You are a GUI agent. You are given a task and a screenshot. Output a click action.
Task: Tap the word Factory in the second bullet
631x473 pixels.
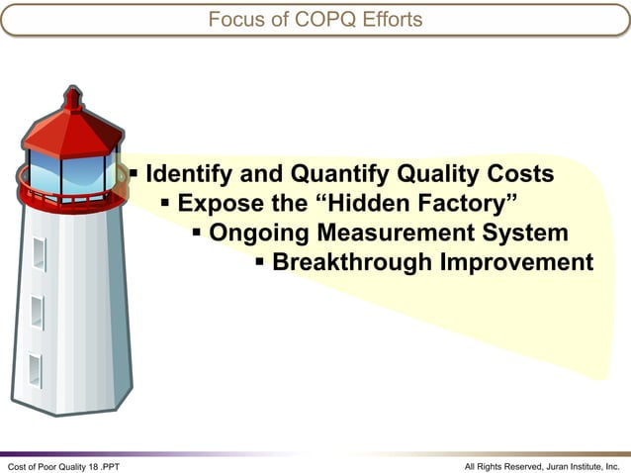(x=466, y=205)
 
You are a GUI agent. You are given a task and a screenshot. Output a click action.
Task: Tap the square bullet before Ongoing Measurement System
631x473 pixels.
(x=197, y=234)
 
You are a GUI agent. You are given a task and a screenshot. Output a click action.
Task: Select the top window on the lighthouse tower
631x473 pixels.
(x=39, y=253)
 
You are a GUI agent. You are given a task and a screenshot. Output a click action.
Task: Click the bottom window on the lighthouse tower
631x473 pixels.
(x=35, y=370)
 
